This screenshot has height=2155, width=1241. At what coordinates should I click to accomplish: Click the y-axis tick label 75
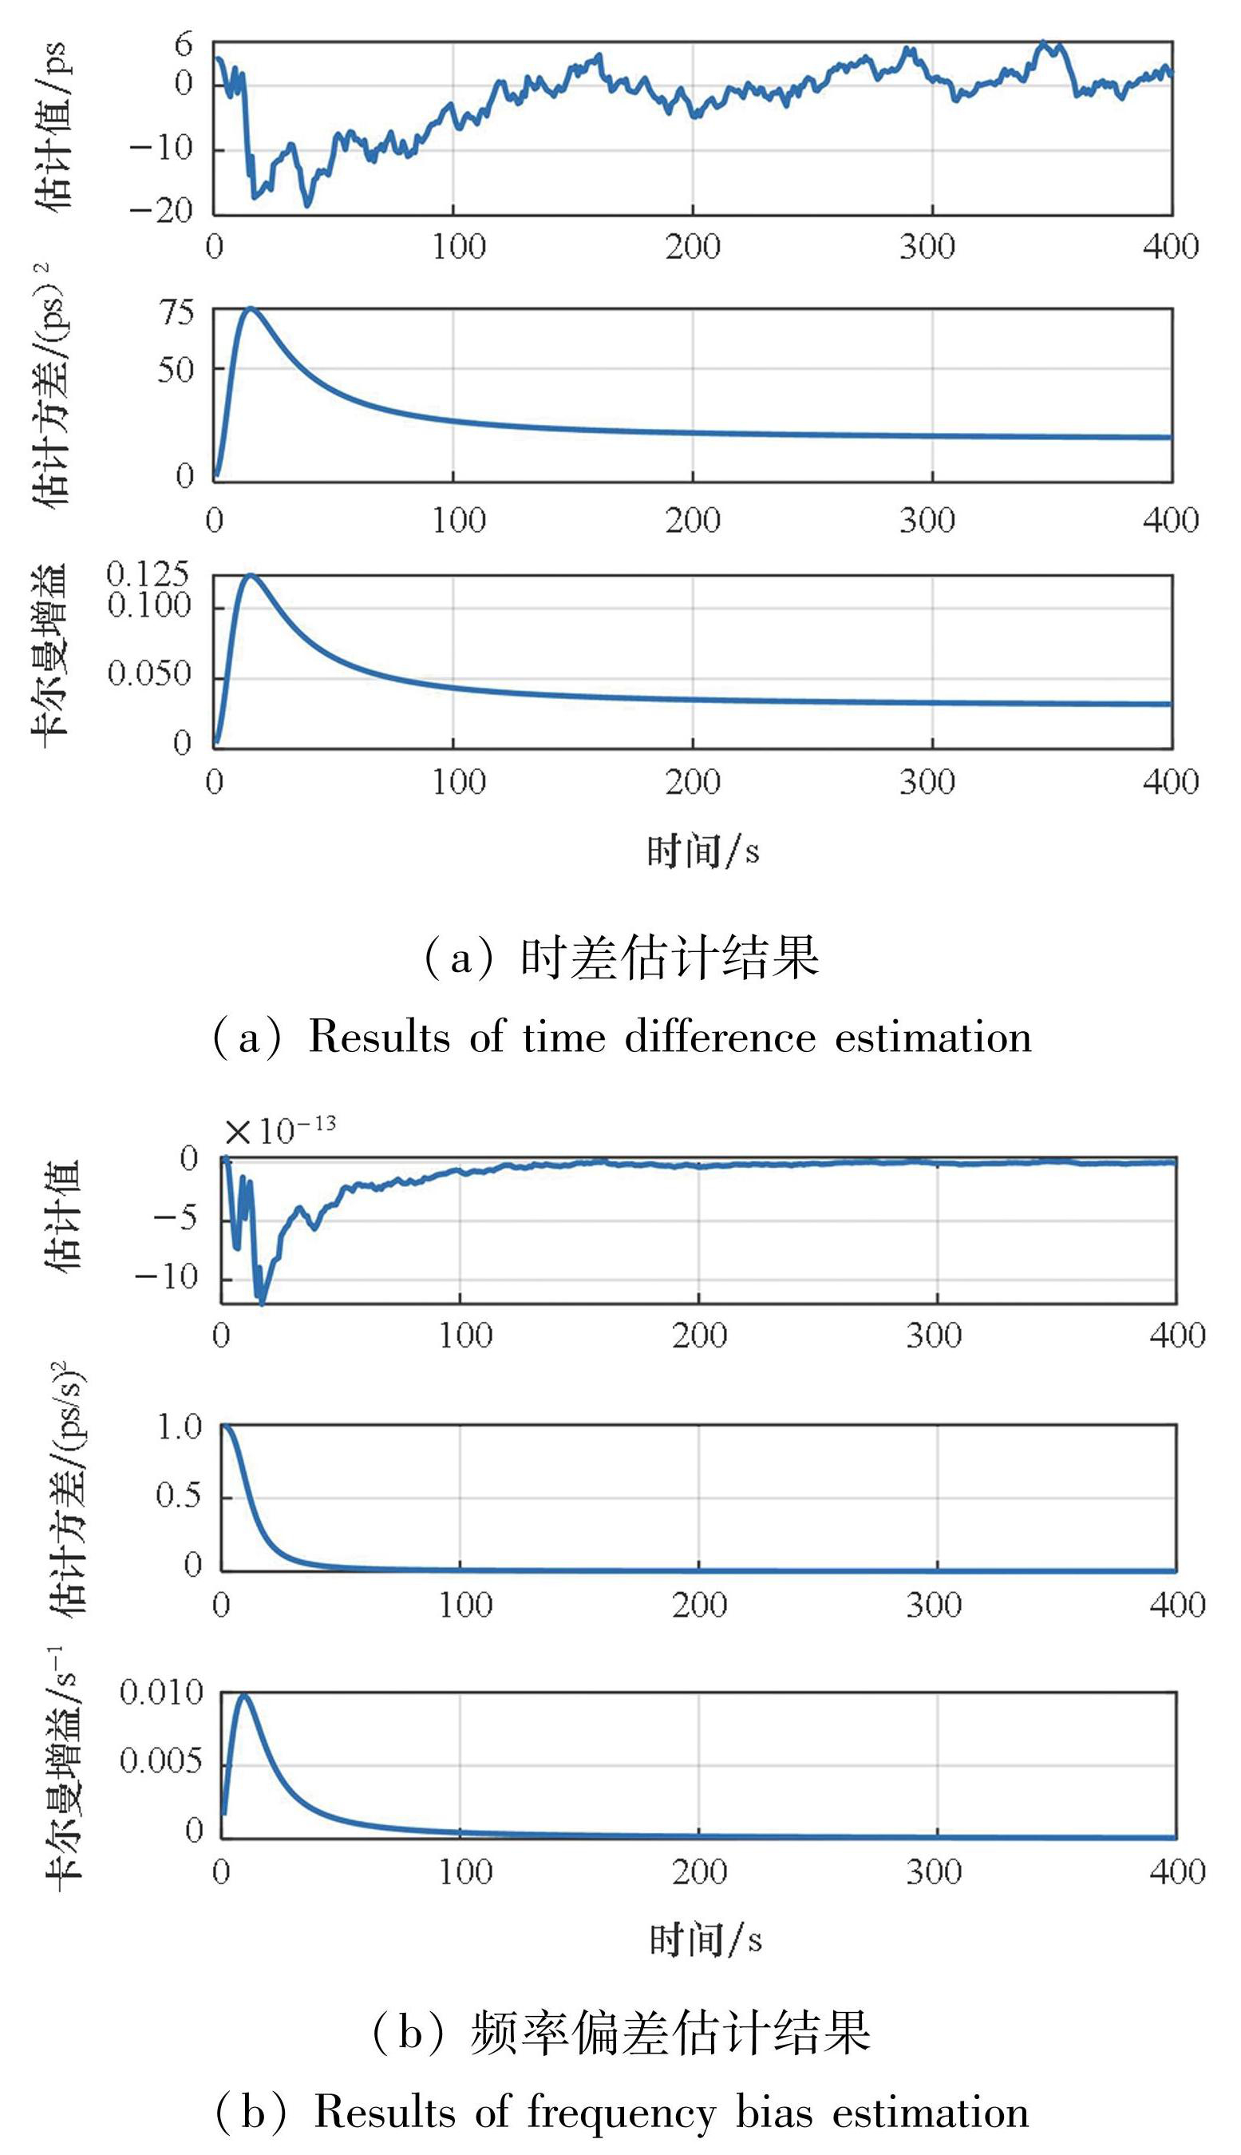[177, 313]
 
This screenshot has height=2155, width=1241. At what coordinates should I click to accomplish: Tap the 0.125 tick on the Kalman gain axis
[148, 575]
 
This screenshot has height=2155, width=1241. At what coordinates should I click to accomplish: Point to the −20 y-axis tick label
[162, 210]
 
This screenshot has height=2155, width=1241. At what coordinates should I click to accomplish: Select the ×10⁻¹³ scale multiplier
[280, 1131]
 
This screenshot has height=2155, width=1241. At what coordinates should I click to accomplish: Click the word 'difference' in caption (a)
[720, 1038]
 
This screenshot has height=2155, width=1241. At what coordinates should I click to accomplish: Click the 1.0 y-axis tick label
[180, 1427]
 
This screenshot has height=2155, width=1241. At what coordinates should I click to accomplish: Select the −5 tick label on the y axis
[176, 1218]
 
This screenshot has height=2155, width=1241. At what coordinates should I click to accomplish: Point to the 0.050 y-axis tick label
[149, 675]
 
